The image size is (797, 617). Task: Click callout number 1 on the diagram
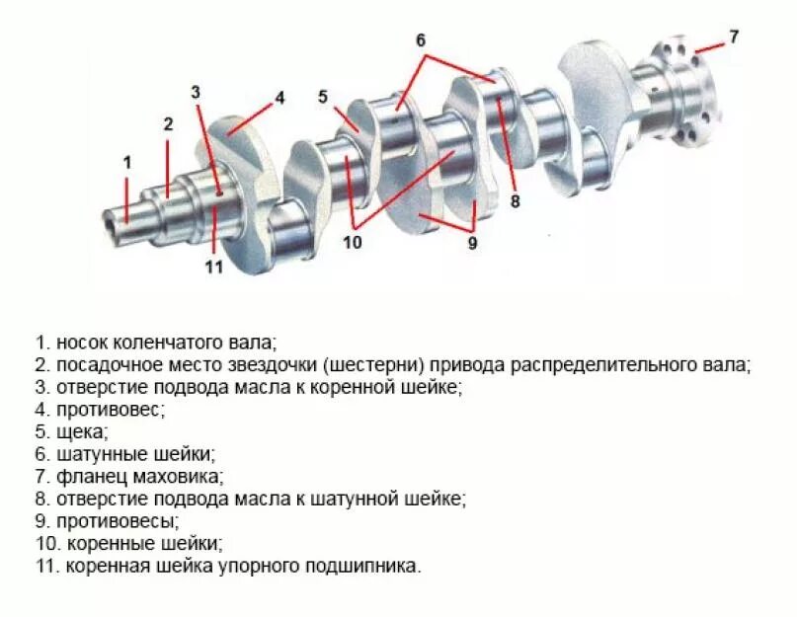point(126,161)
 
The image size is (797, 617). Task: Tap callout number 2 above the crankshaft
point(168,124)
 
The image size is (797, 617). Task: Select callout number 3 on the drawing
point(196,92)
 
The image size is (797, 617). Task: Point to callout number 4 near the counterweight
point(279,98)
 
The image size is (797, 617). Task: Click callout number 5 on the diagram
point(323,97)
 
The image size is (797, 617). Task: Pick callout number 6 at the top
point(420,40)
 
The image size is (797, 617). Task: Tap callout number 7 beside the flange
point(733,38)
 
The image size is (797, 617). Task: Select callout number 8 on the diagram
point(515,200)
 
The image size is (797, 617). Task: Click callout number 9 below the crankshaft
point(472,242)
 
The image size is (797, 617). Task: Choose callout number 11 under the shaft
point(214,267)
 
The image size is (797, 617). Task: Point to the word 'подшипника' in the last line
point(370,567)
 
